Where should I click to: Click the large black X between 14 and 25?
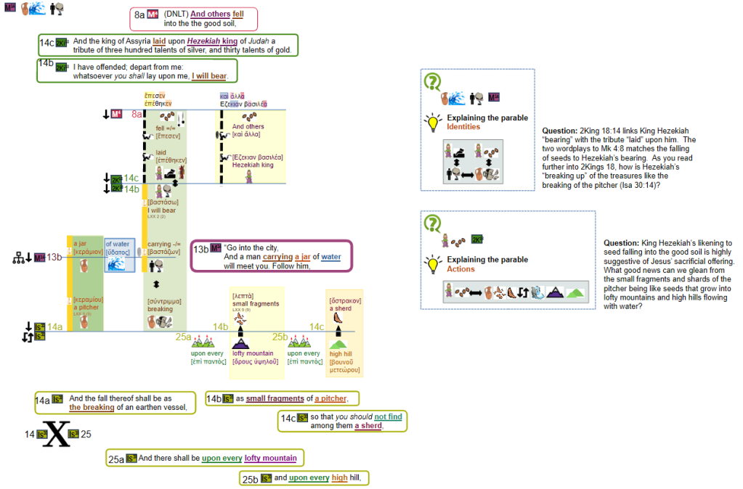pos(57,434)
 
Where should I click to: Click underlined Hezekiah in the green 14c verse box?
pos(208,41)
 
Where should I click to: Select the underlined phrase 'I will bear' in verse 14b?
pos(210,75)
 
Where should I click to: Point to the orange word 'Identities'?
pos(463,127)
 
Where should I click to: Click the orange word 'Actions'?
pos(460,269)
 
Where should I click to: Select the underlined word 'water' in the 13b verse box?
pos(330,257)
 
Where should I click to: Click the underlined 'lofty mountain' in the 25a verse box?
pos(270,458)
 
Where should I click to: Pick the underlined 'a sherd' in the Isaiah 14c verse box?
pos(368,426)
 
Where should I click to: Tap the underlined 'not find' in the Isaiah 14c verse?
pos(388,416)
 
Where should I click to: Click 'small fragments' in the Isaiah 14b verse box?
pos(275,398)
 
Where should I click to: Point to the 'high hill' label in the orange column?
pos(341,353)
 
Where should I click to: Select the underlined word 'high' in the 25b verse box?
pos(339,477)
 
